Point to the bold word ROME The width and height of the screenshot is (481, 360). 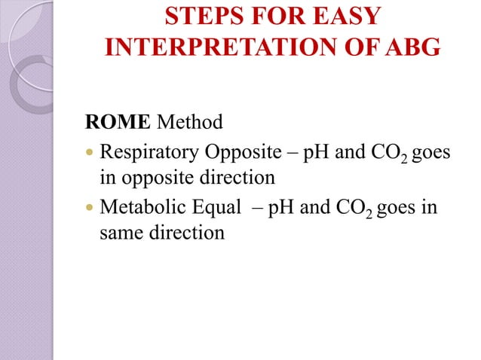114,121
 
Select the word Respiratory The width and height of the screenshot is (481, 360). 148,154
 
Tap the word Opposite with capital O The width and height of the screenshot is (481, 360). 242,154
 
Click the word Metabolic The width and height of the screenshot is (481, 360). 142,206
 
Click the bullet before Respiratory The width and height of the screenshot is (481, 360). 89,154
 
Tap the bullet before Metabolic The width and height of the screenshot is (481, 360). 89,206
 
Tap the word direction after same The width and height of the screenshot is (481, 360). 185,232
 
